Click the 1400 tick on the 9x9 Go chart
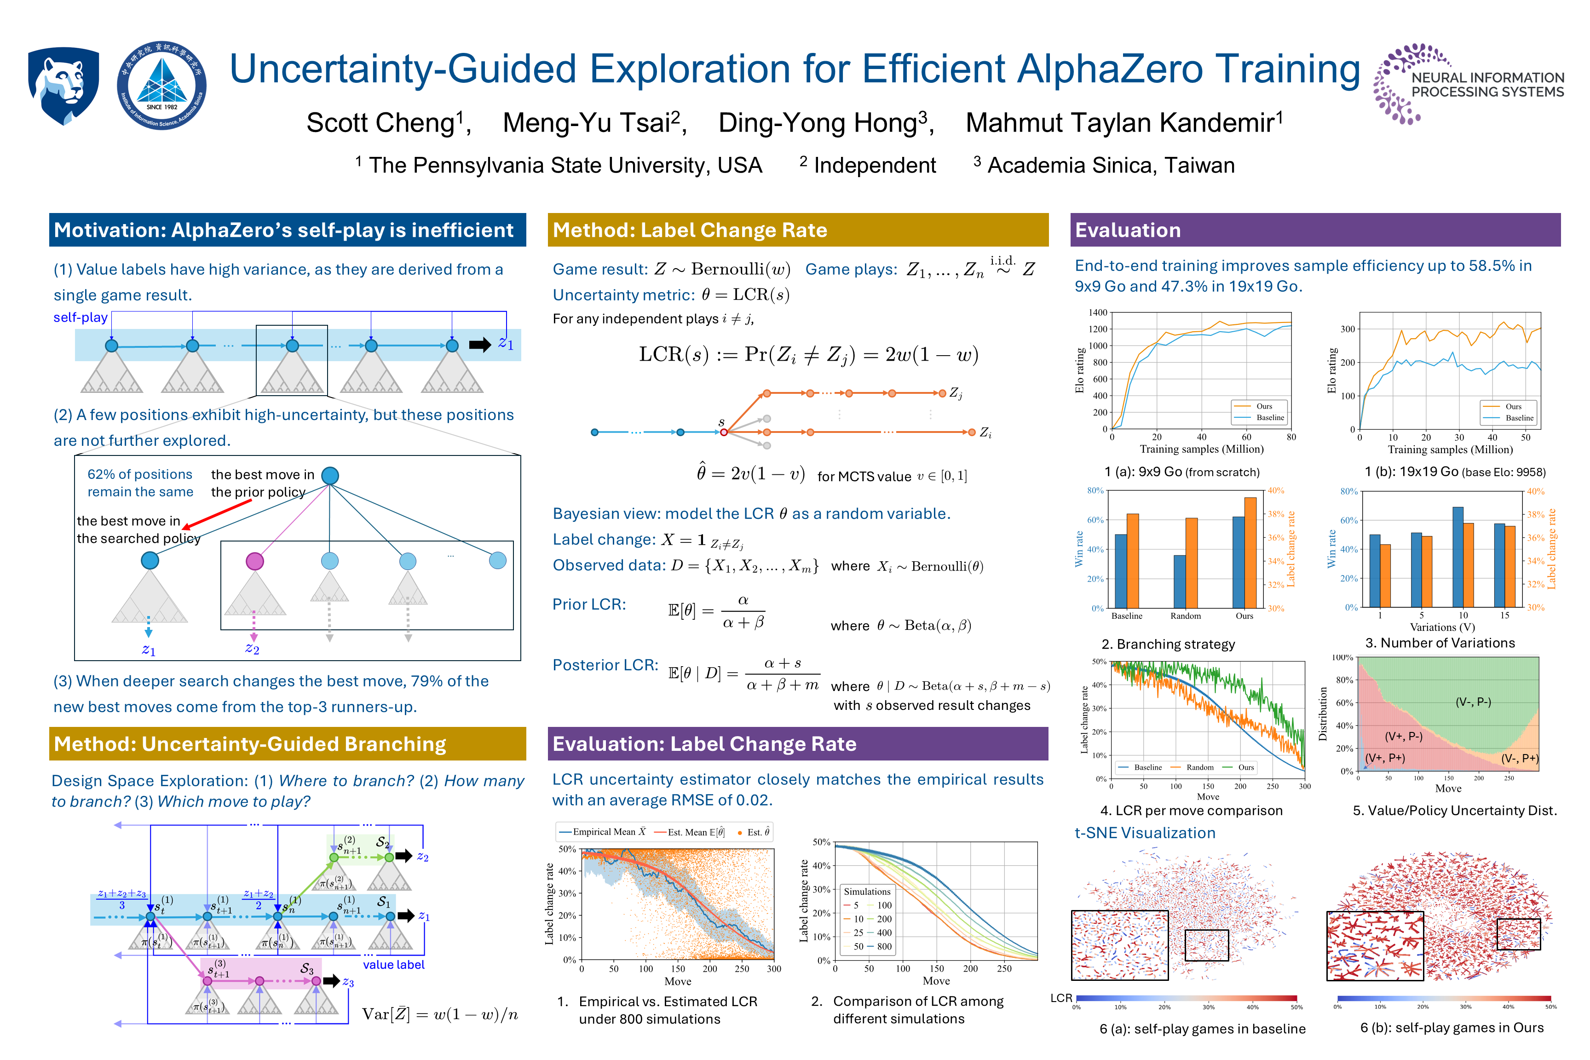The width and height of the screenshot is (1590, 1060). click(x=1098, y=312)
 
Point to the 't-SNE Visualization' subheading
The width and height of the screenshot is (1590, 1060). click(x=1145, y=833)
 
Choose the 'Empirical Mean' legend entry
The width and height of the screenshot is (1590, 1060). click(x=604, y=832)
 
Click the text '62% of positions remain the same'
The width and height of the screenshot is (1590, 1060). click(x=140, y=483)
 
